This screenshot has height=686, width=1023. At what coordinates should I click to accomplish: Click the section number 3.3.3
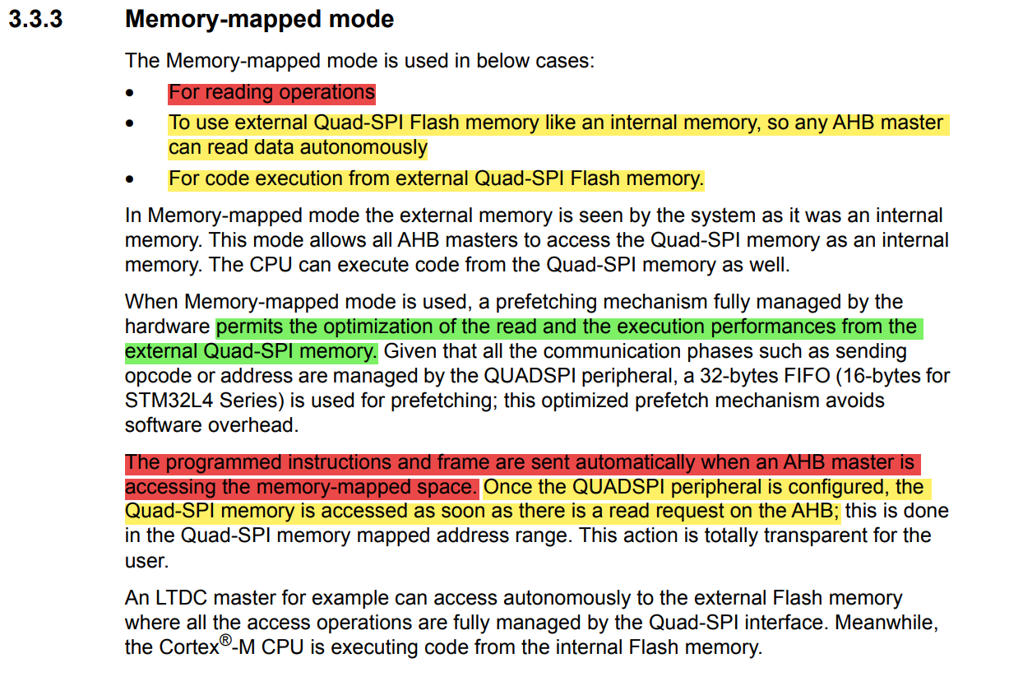tap(35, 20)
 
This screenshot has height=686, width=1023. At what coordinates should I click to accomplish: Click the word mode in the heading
tap(363, 20)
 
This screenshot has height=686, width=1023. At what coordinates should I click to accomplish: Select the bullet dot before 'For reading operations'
tap(129, 94)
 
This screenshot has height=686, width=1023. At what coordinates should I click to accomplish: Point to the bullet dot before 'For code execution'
tap(129, 179)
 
